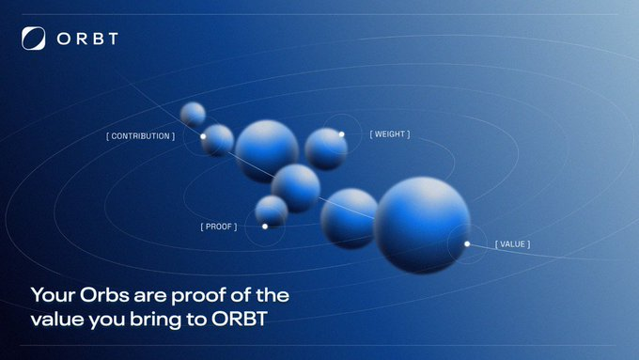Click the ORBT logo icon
(x=33, y=39)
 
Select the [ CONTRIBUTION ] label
(x=140, y=136)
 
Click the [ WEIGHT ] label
(x=389, y=134)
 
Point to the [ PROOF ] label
(x=219, y=227)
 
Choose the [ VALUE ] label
(x=512, y=244)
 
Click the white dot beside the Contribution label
(x=203, y=136)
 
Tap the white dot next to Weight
(x=341, y=134)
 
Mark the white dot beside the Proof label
(x=265, y=227)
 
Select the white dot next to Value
(x=467, y=244)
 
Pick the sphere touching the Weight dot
(x=325, y=149)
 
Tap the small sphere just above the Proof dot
(x=271, y=211)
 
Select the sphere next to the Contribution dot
(x=218, y=140)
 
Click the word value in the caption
(x=57, y=319)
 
